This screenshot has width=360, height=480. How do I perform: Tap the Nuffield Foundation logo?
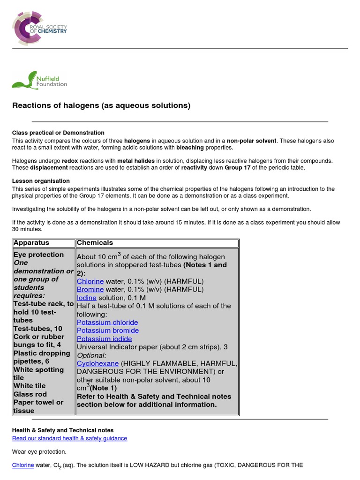coord(40,80)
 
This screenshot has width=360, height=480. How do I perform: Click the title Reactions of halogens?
coord(101,105)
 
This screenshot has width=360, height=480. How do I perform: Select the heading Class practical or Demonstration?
coord(58,133)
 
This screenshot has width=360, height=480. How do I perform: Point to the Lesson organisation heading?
coord(41,181)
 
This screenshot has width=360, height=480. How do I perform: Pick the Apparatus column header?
coord(31,243)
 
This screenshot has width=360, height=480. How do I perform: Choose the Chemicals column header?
coord(95,243)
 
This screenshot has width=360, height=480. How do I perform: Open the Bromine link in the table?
coord(90,290)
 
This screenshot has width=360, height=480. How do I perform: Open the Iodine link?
coord(87,298)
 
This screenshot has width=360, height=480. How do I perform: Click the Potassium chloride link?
coord(107,322)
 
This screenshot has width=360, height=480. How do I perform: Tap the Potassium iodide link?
coord(104,339)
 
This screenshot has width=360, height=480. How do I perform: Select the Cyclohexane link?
coord(97,363)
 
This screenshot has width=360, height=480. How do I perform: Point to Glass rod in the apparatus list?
coord(30,394)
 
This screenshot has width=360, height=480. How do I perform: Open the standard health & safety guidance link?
coord(69,438)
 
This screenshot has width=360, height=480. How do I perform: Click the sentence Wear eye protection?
coord(39,452)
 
